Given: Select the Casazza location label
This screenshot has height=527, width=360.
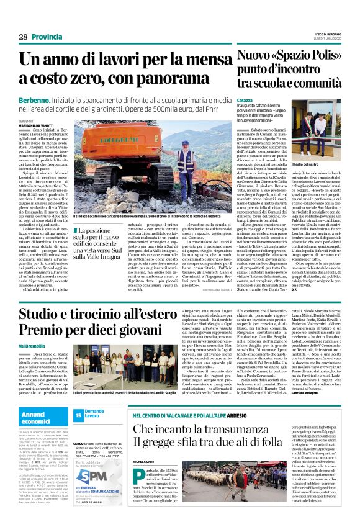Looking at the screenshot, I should (245, 101).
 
